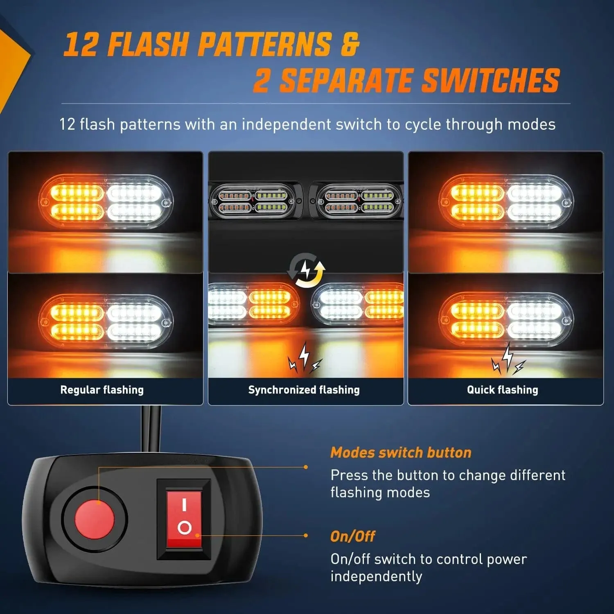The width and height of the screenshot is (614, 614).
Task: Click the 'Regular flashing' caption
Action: coord(102,390)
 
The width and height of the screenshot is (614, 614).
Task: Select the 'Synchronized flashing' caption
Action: coord(304,390)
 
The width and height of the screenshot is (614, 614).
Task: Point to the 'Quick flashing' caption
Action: coord(502,390)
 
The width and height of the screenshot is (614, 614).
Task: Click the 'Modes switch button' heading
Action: coord(401,452)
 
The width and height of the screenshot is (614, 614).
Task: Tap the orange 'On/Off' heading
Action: coord(352,536)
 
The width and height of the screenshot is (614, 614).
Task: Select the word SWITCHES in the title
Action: coord(490,80)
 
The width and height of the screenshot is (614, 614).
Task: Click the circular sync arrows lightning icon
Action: coord(306,270)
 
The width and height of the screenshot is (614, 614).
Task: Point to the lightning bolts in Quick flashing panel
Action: coord(508,359)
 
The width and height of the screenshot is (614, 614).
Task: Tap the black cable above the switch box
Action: coord(151,428)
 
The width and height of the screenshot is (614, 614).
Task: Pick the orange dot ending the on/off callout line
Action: coord(306,535)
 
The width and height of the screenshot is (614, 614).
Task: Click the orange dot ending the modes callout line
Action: coord(306,467)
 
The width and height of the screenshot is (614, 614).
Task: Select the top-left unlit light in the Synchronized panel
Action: coord(253,201)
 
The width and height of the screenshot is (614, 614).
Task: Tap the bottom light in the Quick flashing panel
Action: coord(506,319)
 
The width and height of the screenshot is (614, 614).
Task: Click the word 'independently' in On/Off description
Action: coord(376,576)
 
